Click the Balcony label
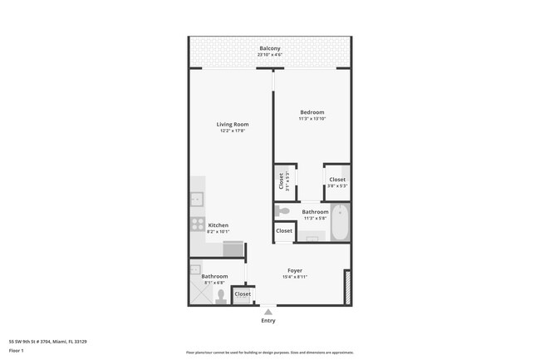pos(269,48)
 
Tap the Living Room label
pos(233,124)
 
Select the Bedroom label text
pos(312,112)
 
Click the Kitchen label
pos(218,225)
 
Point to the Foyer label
pos(295,270)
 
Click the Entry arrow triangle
pos(268,311)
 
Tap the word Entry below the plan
pos(268,320)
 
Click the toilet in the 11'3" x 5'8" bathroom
pos(283,211)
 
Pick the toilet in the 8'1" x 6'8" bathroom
pos(221,294)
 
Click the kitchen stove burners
pos(198,224)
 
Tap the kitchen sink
pos(197,200)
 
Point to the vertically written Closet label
pos(281,180)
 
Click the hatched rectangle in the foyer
pos(347,287)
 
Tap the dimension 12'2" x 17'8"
pos(233,131)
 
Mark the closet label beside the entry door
pos(243,294)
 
